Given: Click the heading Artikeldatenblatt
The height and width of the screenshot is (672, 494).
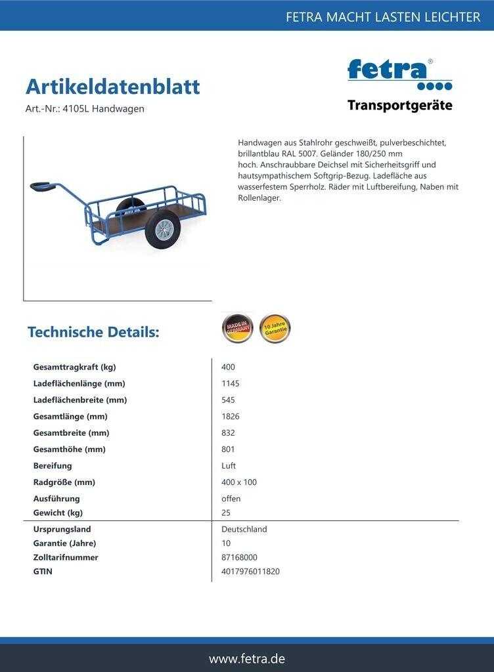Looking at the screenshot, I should point(112,87).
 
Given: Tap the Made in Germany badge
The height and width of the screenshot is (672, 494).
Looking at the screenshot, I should point(237,328).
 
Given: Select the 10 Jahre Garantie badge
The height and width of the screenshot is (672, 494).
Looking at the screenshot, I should point(275,328).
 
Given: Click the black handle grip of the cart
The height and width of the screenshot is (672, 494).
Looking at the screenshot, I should point(43,188).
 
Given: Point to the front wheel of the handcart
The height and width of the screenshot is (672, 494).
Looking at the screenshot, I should point(162,229).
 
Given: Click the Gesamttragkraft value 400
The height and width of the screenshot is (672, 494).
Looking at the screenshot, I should point(228,367).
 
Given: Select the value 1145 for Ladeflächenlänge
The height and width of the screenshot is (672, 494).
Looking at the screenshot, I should point(230,384).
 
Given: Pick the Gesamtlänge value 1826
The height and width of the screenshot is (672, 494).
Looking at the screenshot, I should point(230,417).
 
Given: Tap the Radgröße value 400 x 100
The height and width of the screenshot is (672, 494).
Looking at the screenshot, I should point(239,482).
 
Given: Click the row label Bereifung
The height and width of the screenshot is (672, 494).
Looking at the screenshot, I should point(53,466).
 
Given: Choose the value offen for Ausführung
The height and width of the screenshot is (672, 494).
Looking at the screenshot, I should point(231,499).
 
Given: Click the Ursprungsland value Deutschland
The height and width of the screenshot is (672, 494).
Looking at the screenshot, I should point(244,530).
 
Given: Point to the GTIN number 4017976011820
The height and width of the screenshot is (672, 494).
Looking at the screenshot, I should point(250,572).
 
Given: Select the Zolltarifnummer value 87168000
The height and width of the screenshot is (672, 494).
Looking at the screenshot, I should point(239,558).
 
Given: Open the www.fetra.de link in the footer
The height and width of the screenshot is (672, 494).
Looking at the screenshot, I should point(247,658).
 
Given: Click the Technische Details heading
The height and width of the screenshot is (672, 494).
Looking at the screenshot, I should point(93,332).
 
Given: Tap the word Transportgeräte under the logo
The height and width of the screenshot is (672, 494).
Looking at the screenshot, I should point(399,106).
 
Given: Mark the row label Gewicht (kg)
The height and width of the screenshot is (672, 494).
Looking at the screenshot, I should point(58,513).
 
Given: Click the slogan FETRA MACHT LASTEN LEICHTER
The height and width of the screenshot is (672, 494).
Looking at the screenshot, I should point(383,17).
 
